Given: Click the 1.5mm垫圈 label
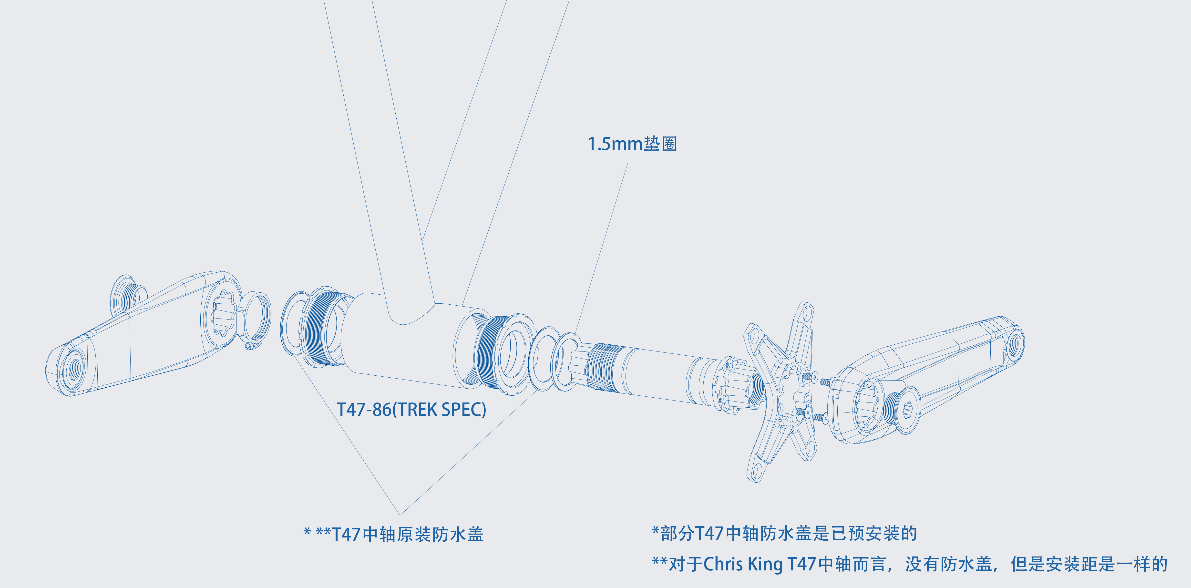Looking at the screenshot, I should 632,144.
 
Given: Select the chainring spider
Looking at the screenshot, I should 781,393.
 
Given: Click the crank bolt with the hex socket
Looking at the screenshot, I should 902,409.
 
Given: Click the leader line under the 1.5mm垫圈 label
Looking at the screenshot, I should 601,250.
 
